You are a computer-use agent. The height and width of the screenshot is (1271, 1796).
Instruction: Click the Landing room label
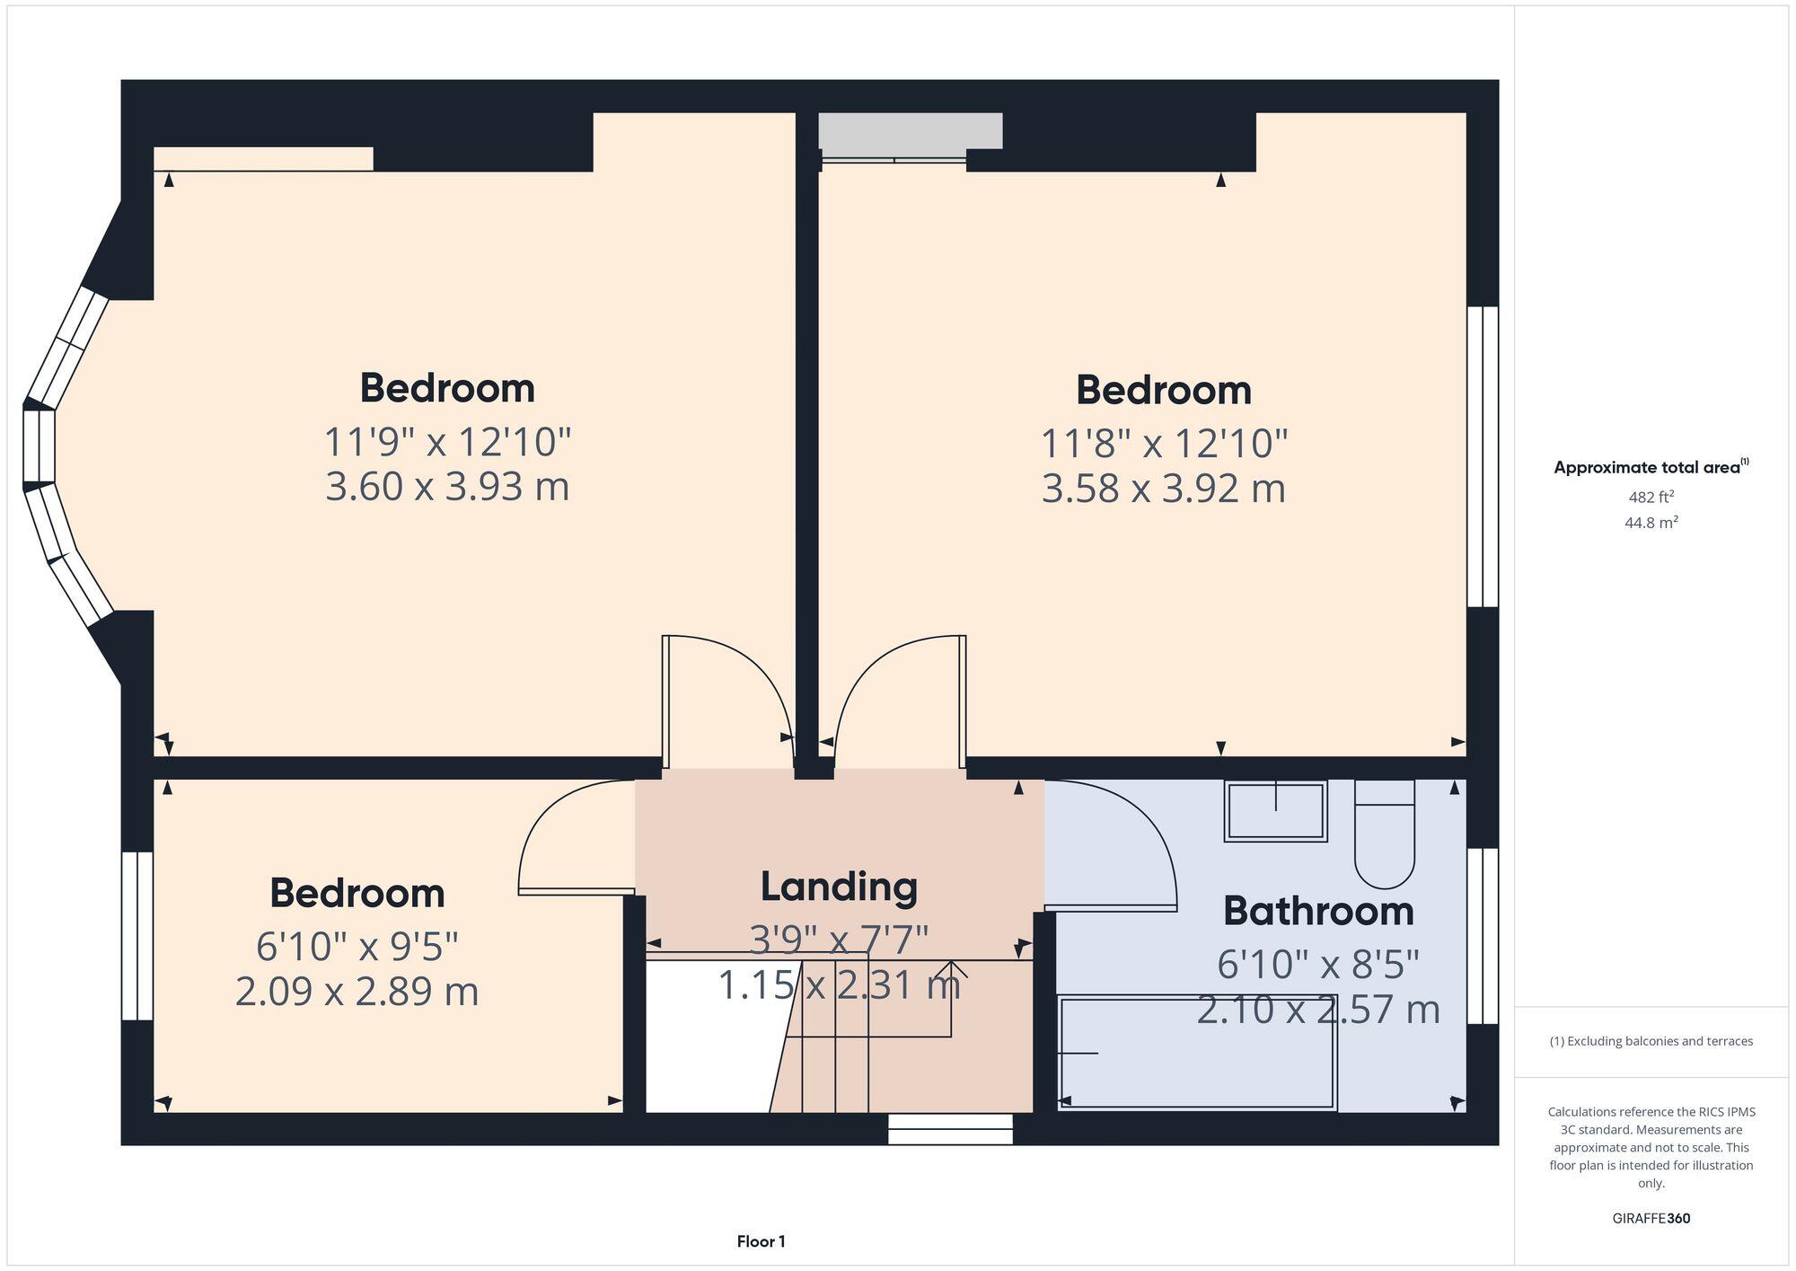click(x=839, y=887)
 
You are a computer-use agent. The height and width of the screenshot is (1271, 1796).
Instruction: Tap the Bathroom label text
click(x=1317, y=911)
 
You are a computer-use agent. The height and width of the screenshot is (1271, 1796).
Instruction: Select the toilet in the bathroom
click(x=1384, y=835)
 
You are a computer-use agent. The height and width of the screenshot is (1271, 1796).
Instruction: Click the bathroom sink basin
click(x=1275, y=811)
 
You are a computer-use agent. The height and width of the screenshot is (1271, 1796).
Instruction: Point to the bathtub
click(x=1197, y=1053)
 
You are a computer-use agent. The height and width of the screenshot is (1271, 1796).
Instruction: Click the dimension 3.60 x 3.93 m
click(x=447, y=487)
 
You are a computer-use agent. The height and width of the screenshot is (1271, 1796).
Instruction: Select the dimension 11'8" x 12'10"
click(x=1164, y=443)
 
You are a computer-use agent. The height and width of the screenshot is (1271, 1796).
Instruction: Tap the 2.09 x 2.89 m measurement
click(x=357, y=992)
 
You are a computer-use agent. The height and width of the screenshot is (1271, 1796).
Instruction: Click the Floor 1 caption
click(x=761, y=1241)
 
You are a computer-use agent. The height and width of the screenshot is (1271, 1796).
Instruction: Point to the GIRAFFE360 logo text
click(x=1651, y=1219)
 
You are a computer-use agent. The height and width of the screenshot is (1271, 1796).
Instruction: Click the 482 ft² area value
click(x=1651, y=497)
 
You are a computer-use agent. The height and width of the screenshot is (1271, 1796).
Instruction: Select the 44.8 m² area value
click(x=1651, y=522)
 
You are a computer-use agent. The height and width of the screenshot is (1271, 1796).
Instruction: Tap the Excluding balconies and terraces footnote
click(x=1651, y=1041)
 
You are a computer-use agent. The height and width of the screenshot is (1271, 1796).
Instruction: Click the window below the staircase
click(x=950, y=1129)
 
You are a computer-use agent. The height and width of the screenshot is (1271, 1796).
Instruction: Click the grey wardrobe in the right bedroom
click(x=910, y=131)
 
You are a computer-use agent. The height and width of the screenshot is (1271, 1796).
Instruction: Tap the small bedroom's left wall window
click(x=137, y=935)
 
